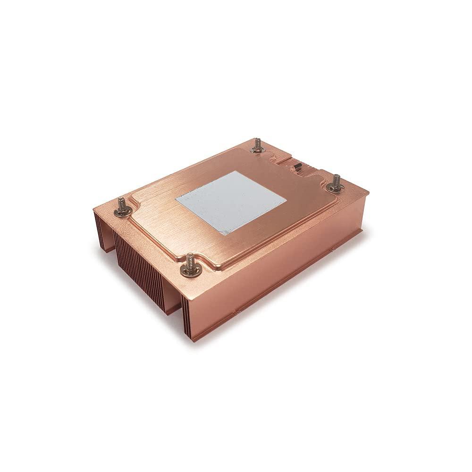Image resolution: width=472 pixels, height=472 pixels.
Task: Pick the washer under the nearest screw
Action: point(191,270)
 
